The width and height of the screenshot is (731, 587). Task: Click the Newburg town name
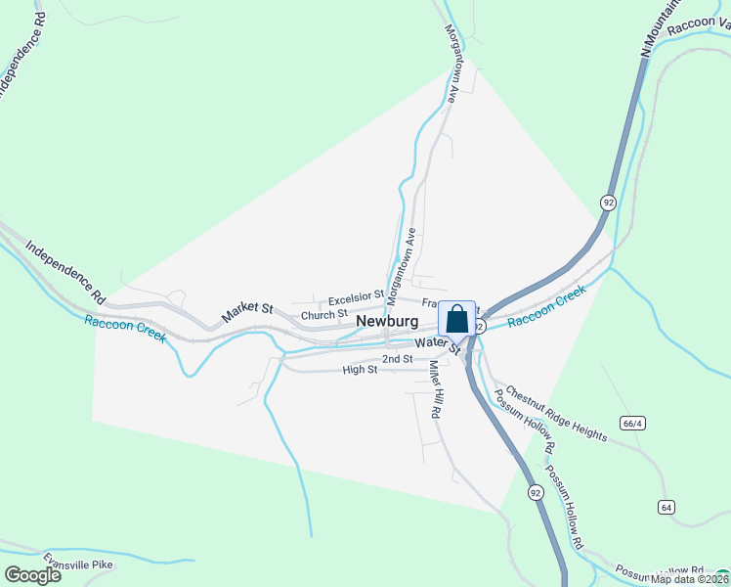pos(387,321)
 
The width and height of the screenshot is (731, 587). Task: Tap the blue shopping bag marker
pos(456,319)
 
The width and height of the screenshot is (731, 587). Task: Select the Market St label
pos(246,311)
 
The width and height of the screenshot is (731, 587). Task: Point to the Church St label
pos(324,315)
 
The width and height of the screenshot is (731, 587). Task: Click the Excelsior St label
pos(357,299)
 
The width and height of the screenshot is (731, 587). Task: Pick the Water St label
pos(436,343)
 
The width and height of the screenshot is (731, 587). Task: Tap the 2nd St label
pos(397,359)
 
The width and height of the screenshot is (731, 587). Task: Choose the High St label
pos(360,370)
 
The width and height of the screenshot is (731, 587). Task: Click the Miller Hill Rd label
pos(436,389)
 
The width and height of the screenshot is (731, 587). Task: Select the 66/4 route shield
pos(632,423)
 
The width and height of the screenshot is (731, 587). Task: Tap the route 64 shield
pos(666,506)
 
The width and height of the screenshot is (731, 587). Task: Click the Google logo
pos(32,575)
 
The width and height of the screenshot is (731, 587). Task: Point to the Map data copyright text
pos(690,579)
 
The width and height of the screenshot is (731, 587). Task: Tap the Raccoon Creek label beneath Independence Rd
pos(125,329)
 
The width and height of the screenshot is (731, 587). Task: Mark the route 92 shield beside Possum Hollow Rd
pos(534,490)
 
